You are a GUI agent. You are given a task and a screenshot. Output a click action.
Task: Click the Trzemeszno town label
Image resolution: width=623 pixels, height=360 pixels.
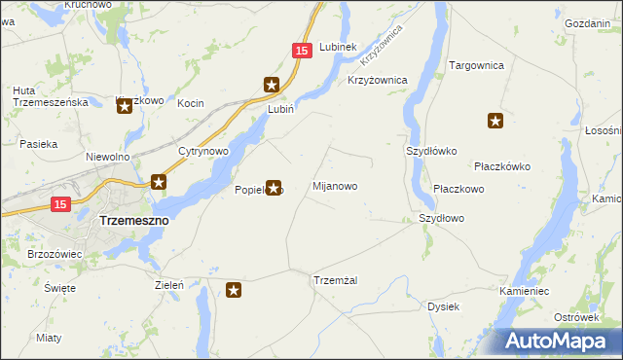[134, 221]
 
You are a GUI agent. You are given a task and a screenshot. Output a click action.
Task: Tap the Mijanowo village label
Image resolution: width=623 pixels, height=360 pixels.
[334, 185]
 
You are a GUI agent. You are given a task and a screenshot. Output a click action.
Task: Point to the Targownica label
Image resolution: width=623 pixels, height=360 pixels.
[475, 65]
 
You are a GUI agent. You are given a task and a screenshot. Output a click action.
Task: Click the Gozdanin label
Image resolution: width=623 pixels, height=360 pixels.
[594, 22]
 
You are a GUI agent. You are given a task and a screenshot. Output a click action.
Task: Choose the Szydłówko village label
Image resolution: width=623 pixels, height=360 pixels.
[429, 152]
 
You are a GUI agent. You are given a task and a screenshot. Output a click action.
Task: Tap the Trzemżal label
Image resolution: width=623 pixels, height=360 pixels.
[336, 280]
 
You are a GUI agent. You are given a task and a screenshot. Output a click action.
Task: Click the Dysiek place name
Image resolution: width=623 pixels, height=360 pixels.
[443, 306]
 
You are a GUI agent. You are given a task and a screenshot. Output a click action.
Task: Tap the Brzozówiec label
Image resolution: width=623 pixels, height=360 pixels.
[55, 253]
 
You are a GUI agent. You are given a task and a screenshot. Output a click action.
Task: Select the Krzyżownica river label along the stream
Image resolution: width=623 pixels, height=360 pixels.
[381, 52]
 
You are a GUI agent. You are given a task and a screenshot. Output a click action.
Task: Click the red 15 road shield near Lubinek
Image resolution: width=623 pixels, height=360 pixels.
[302, 50]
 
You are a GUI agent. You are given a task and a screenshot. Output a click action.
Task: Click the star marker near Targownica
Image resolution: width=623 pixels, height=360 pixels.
[495, 122]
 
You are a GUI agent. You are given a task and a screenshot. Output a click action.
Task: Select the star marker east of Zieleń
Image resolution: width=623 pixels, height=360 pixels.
[234, 289]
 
